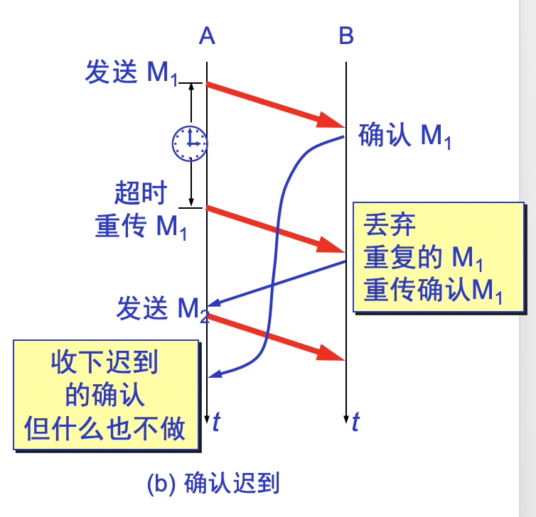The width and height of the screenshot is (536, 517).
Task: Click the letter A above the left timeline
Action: click(x=207, y=35)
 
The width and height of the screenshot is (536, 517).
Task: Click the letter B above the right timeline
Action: click(x=346, y=35)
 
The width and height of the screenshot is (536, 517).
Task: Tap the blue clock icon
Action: click(x=190, y=143)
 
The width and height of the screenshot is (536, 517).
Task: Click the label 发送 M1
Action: click(x=132, y=73)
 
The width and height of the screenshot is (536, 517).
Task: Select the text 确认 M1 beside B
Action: click(x=405, y=136)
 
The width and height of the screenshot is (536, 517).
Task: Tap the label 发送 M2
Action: click(x=163, y=310)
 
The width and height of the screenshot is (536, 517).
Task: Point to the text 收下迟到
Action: click(x=104, y=363)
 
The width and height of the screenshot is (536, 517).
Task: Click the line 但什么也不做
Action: click(x=104, y=428)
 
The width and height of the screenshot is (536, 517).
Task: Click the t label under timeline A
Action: click(x=216, y=422)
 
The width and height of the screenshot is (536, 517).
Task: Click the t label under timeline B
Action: click(x=355, y=422)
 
